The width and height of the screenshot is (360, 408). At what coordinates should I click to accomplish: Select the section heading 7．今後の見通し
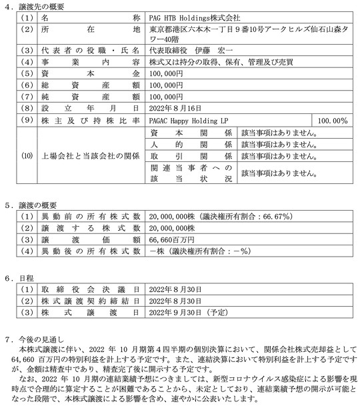(34, 340)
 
